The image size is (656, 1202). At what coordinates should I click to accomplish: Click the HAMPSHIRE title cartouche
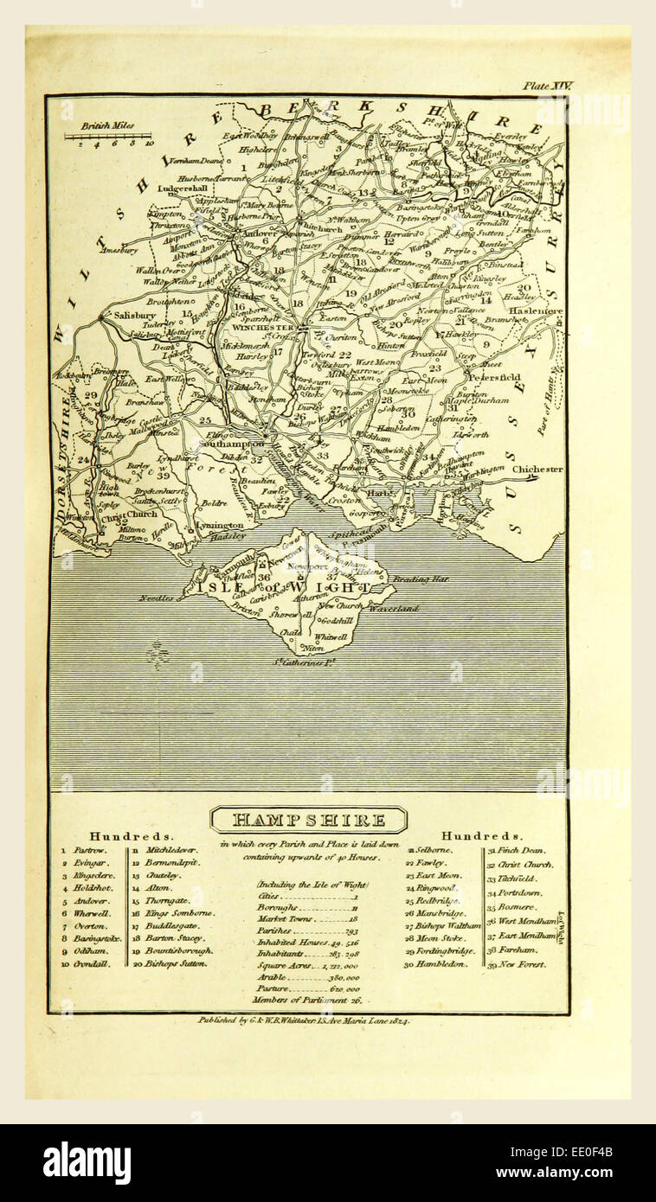pos(308,819)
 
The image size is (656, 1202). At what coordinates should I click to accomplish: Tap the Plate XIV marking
pos(546,86)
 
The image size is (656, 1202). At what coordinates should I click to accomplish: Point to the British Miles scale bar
pos(107,136)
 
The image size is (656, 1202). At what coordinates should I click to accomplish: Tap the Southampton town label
pos(232,443)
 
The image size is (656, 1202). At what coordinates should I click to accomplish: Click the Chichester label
pos(537,470)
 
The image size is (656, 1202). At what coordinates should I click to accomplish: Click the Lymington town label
pos(218,525)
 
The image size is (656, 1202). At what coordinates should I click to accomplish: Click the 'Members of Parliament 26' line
pos(294,1000)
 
